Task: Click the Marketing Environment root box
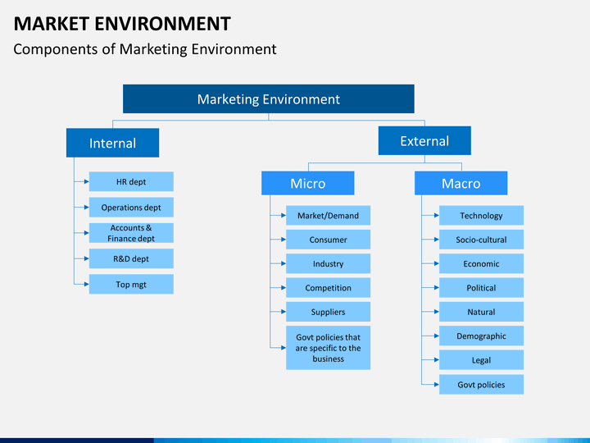tap(269, 98)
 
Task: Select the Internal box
tap(112, 143)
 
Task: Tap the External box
tap(424, 140)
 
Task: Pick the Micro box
tap(308, 183)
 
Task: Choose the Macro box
tap(461, 183)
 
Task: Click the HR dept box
tap(131, 181)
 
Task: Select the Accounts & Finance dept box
tap(131, 233)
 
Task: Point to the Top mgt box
tap(131, 284)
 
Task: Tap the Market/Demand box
tap(328, 216)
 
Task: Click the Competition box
tap(328, 288)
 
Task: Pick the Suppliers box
tap(328, 312)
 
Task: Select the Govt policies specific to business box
tap(328, 348)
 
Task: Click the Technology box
tap(481, 216)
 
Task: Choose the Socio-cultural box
tap(481, 240)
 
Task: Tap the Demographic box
tap(481, 336)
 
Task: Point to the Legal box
tap(481, 360)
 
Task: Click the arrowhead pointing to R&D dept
tap(87, 258)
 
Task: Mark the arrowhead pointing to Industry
tap(284, 263)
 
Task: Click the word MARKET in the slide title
tap(52, 24)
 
